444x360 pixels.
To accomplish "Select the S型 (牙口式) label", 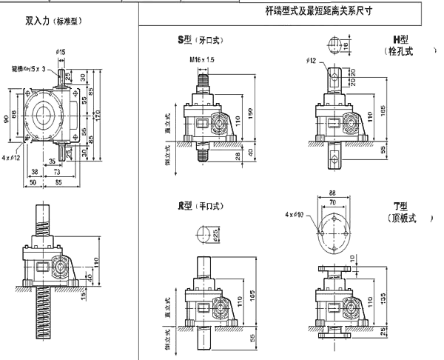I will tap(200, 41).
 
